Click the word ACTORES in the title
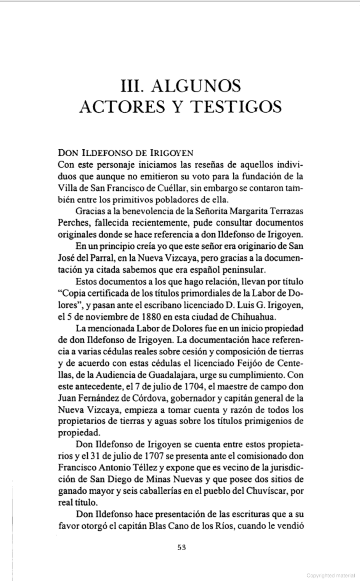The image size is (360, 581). point(115,107)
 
